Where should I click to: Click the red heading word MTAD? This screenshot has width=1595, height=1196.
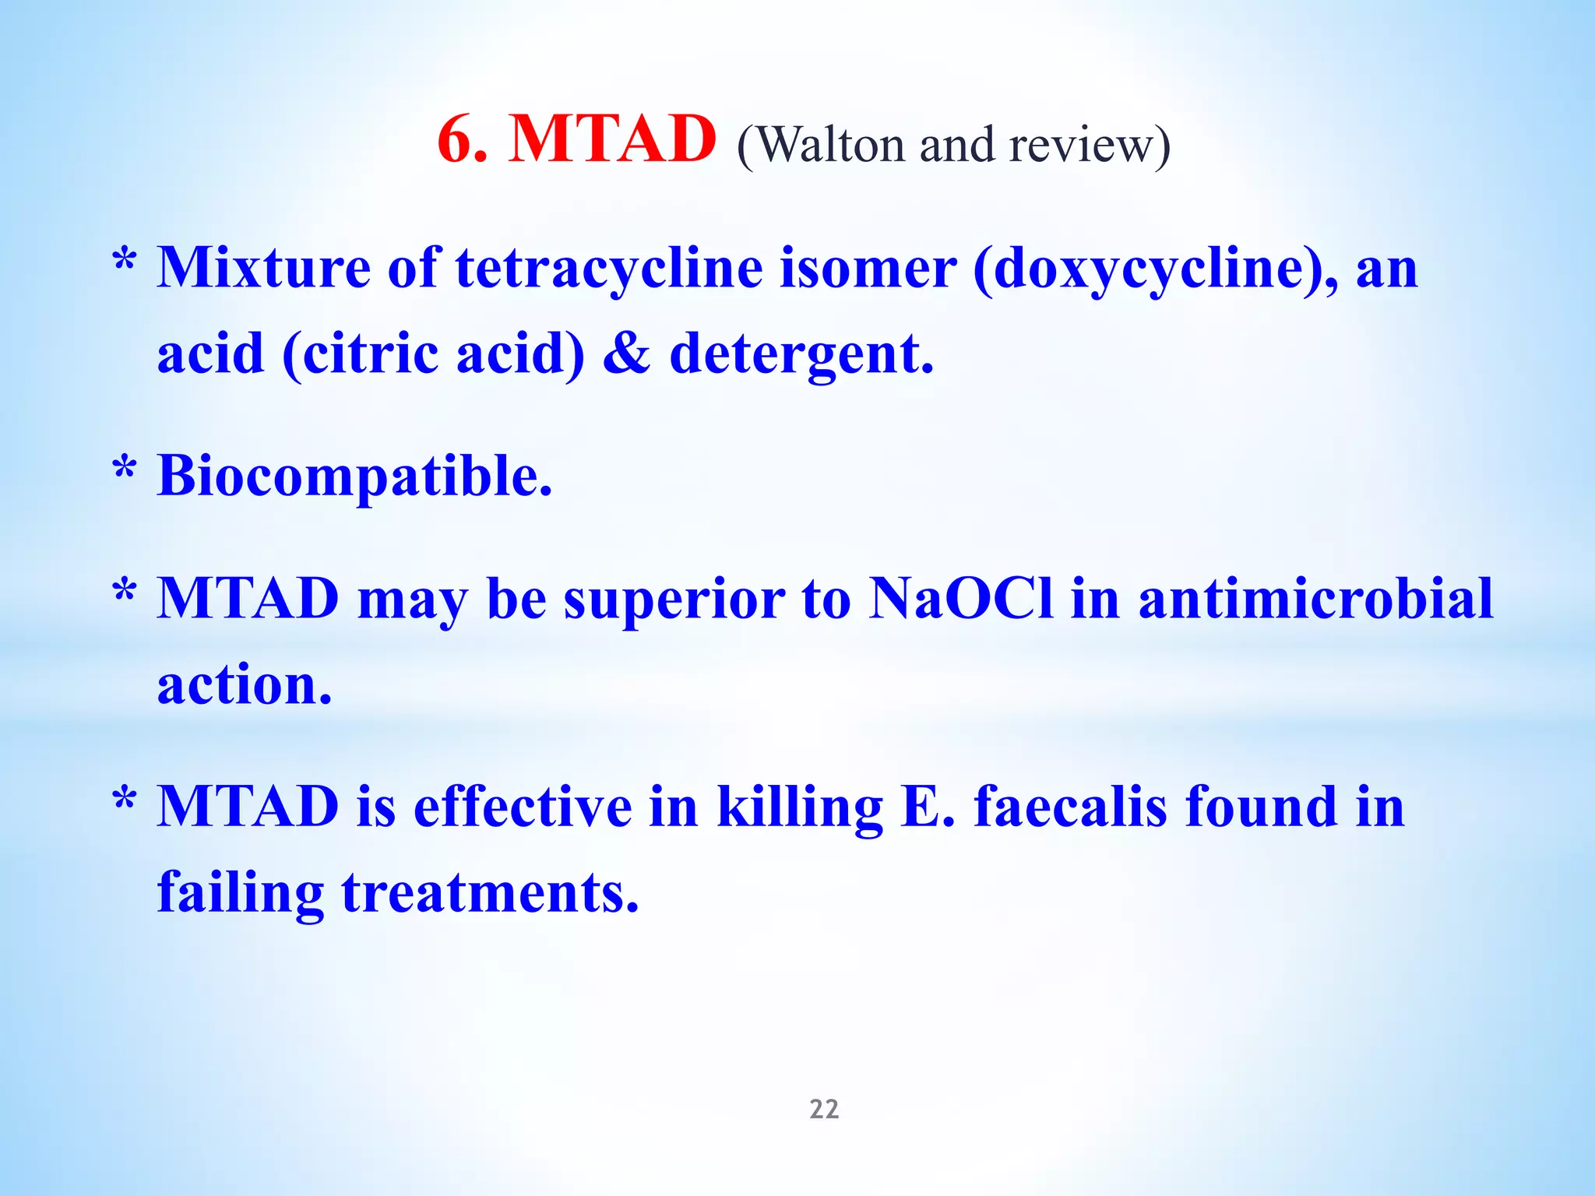coord(611,140)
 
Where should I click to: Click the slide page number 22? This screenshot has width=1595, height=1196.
coord(824,1109)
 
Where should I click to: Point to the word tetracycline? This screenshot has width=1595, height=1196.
coord(609,269)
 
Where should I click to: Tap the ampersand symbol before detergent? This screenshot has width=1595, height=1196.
coord(626,354)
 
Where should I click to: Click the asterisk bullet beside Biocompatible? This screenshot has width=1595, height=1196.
coord(125,470)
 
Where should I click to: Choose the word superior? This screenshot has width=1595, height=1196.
coord(674,601)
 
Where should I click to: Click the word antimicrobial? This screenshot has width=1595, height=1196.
coord(1315,600)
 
